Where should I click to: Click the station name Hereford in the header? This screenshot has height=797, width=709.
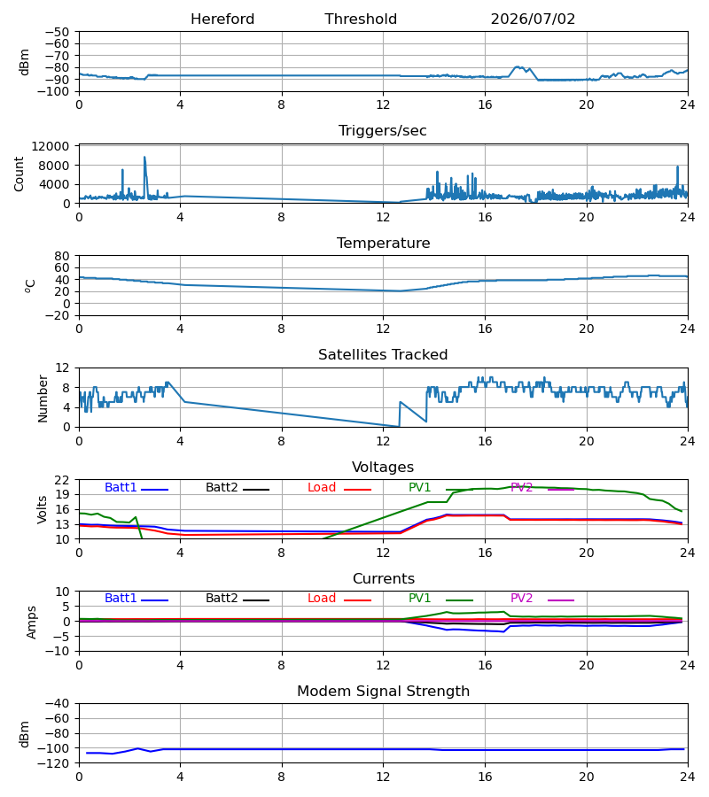coord(222,19)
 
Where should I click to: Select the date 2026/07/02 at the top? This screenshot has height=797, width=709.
coord(533,19)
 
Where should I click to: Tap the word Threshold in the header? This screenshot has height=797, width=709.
coord(361,19)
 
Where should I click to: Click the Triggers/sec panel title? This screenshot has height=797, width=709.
coord(383,131)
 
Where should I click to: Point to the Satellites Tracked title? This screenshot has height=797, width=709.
coord(383,355)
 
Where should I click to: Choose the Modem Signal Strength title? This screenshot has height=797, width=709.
coord(383,692)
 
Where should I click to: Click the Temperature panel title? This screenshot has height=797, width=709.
coord(383,243)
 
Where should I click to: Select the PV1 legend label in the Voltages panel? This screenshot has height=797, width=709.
coord(419,487)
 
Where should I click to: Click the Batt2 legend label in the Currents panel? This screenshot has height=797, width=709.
coord(222,599)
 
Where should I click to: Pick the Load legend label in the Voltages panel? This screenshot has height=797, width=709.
coord(322,487)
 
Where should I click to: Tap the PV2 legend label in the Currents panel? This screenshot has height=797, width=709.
coord(521,599)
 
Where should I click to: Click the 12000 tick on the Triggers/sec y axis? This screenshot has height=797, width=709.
coord(51,146)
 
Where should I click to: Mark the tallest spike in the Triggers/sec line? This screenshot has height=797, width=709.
coord(144,157)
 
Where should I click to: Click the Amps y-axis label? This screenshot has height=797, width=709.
coord(32,622)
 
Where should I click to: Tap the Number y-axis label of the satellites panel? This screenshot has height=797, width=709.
coord(43,398)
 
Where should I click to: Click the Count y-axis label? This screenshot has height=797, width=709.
coord(19,174)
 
